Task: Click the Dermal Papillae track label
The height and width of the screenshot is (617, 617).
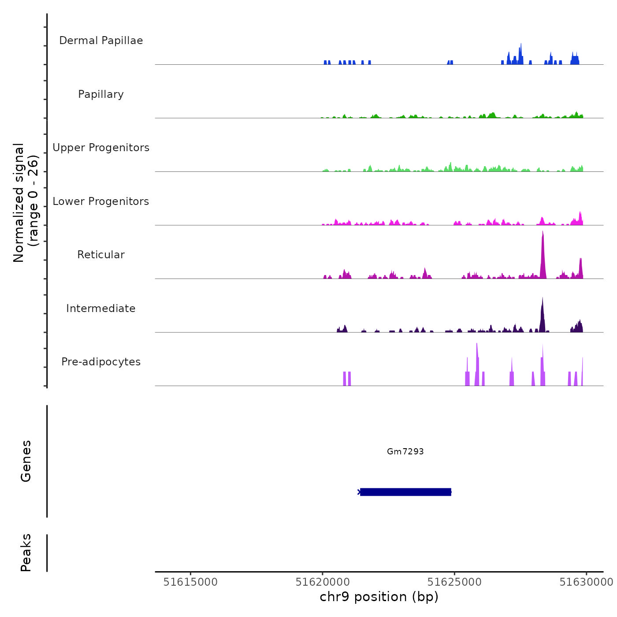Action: point(101,41)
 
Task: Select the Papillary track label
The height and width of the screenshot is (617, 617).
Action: point(101,94)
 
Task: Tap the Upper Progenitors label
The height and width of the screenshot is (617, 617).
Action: point(101,148)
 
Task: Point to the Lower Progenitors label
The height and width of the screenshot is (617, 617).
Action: point(101,201)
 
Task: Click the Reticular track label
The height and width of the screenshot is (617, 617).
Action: point(101,255)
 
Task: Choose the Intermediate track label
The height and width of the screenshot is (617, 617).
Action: point(101,308)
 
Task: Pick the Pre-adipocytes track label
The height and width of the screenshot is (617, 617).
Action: point(101,362)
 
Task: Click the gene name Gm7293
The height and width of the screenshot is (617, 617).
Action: point(405,451)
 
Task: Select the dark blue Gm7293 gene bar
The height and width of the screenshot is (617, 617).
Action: point(405,492)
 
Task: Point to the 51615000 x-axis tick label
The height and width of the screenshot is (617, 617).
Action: point(190,582)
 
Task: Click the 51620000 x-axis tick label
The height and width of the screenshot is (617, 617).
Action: point(323,582)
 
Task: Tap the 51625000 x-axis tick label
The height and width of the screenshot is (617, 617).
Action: point(454,582)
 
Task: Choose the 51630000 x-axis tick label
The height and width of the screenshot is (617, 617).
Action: point(586,582)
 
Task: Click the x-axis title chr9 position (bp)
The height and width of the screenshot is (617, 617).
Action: point(379,597)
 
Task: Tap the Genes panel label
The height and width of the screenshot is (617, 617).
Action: point(26,461)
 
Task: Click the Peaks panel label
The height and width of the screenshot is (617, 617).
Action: point(26,553)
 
